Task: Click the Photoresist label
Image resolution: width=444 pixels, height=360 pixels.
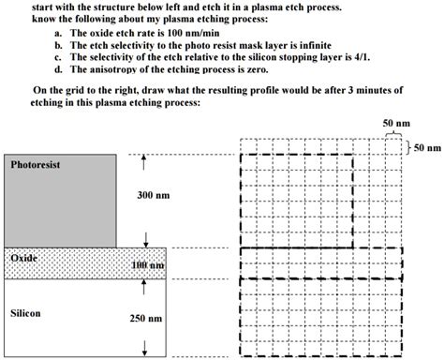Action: tap(36, 164)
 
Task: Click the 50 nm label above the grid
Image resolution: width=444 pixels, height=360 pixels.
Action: tap(396, 124)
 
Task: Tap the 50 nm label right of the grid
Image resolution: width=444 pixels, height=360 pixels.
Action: tap(426, 147)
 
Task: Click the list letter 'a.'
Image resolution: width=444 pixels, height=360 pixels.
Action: tap(59, 33)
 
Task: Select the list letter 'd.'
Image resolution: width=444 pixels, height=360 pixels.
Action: tap(59, 69)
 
